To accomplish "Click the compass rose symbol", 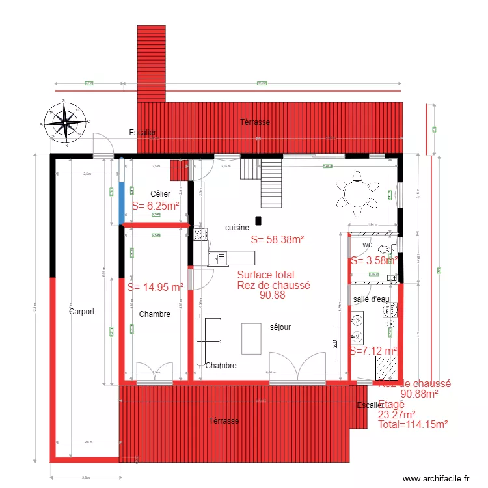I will coord(64,122).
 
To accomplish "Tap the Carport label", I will coord(81,312).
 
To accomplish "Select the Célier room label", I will coord(160,194).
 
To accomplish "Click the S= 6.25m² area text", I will coord(156,206).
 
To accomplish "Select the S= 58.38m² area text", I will coord(278,239).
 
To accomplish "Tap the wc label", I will coord(367,245).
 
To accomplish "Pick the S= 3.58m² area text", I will coord(374,260).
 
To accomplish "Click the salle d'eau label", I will coord(371,299).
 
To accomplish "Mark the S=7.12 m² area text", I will coord(373,351).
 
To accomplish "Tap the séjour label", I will coord(280,327).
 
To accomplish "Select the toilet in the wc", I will coord(388,247).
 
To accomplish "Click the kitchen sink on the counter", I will coord(218,259).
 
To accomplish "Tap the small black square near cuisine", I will coord(258,221).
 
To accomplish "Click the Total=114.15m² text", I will coord(413,424).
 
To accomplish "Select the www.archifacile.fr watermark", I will coord(436,478).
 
